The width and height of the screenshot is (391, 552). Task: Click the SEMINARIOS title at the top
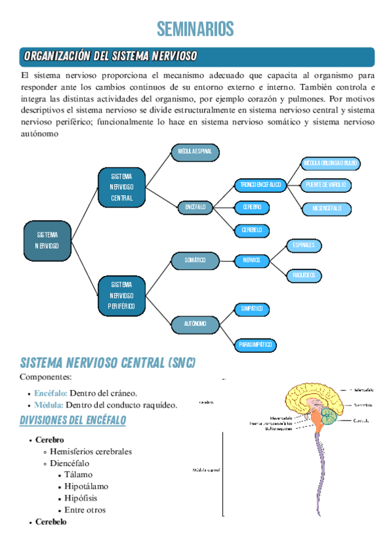click(195, 29)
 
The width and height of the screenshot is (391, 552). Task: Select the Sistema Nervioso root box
click(47, 240)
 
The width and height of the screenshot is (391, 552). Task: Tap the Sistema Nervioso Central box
click(121, 187)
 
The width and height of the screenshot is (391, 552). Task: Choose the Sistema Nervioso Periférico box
click(121, 296)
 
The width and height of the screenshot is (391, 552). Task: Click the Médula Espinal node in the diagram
click(195, 152)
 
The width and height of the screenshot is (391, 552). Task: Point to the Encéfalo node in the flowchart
click(195, 207)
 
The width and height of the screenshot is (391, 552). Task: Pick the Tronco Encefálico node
click(260, 185)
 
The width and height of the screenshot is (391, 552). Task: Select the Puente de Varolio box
click(326, 185)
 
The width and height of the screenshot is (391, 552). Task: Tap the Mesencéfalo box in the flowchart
click(326, 208)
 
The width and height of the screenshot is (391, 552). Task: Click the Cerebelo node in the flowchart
click(252, 230)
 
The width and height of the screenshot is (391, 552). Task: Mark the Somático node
click(195, 260)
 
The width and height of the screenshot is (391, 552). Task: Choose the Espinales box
click(304, 245)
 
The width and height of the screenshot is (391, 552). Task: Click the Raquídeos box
click(304, 275)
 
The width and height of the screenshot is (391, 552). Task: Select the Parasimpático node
click(255, 344)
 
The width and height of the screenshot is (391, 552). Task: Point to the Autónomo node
click(195, 323)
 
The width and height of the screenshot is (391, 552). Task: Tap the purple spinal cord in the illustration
click(320, 475)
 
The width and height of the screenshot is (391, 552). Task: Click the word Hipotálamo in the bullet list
click(87, 486)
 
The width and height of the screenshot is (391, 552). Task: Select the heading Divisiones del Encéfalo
click(73, 421)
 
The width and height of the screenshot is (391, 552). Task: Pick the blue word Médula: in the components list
click(49, 405)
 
